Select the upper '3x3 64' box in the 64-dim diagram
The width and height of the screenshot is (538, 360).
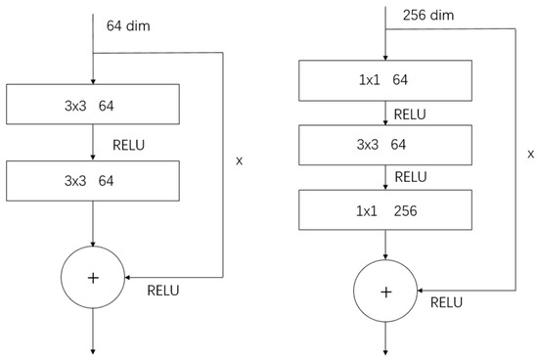(92, 102)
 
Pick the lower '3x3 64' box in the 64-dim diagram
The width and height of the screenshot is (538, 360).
(92, 180)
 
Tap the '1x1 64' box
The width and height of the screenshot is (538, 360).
(386, 80)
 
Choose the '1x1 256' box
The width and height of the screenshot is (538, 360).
(386, 211)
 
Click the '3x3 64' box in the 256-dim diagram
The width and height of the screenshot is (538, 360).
(386, 146)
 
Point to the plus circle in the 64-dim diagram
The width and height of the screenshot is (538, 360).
(93, 278)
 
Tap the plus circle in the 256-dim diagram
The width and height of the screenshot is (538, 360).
(386, 292)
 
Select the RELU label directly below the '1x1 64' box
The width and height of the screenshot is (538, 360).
(412, 113)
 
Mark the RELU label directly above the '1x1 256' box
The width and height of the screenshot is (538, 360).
(412, 177)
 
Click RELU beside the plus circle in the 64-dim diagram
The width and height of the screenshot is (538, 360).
(165, 291)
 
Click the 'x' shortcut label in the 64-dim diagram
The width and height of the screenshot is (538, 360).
(240, 159)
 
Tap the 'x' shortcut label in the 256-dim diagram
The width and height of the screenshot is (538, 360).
(530, 154)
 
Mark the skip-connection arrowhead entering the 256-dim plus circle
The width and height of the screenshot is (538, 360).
(422, 291)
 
